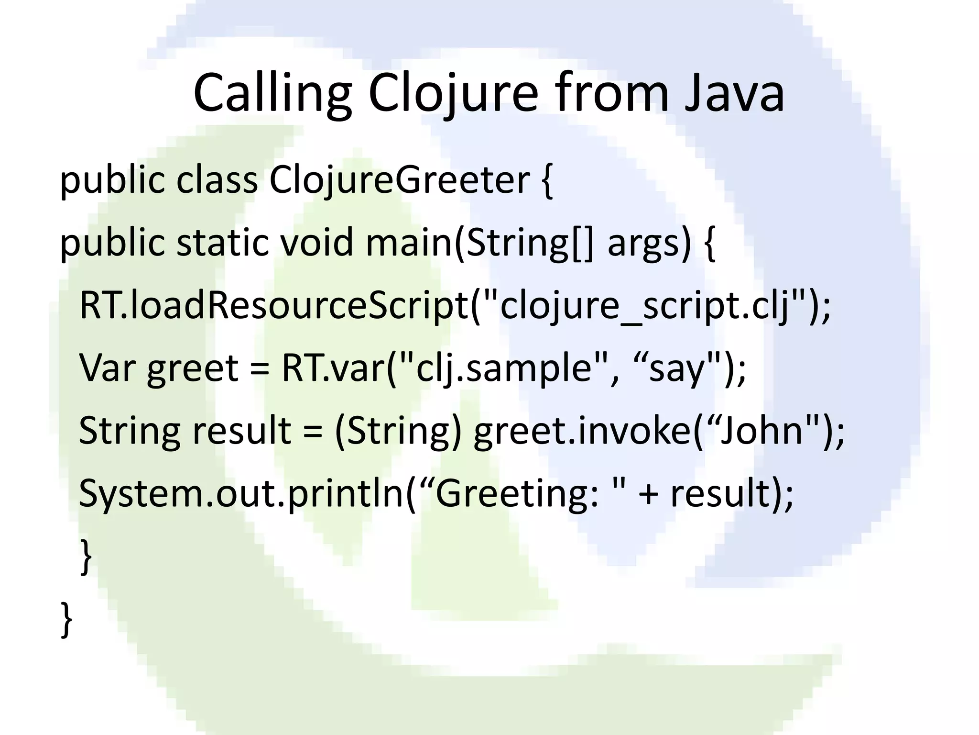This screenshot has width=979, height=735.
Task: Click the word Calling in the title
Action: click(x=272, y=93)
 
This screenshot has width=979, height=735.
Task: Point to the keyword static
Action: click(x=222, y=243)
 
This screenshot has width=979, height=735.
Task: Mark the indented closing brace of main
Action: click(x=86, y=556)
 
